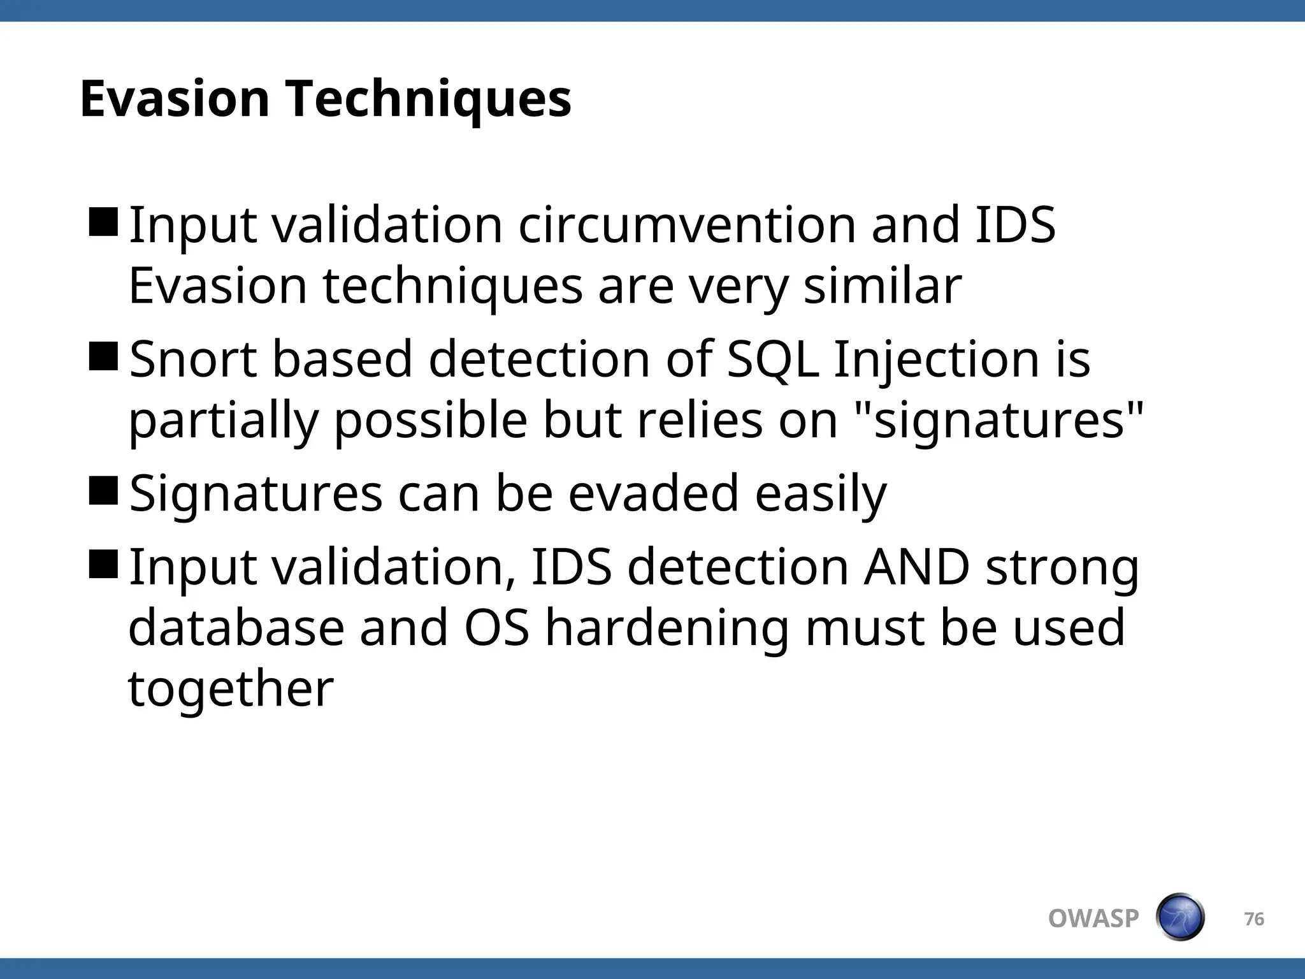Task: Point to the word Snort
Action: (193, 359)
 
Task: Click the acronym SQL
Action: (772, 360)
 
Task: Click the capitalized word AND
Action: (916, 567)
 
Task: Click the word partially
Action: (223, 422)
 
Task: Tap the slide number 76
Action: (1254, 919)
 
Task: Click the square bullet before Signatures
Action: (103, 490)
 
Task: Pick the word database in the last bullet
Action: (236, 628)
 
